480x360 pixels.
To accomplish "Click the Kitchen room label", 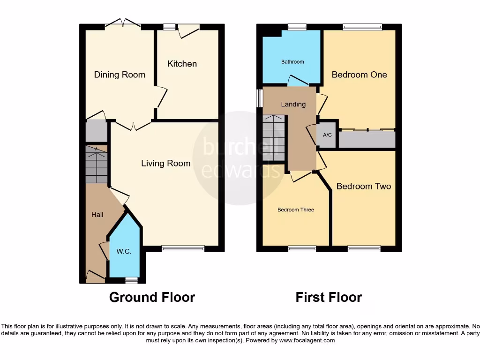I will click(x=182, y=64).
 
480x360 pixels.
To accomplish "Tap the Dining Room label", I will click(x=120, y=75).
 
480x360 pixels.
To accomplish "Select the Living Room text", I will click(x=166, y=163).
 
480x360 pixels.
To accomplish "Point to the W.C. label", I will click(x=124, y=252).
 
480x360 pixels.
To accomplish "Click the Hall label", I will click(x=97, y=215).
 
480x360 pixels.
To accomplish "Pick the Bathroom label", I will click(x=292, y=62).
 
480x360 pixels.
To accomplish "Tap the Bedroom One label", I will click(x=359, y=75).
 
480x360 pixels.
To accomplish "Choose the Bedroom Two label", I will click(x=363, y=186).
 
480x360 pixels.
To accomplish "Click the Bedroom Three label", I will click(x=296, y=210).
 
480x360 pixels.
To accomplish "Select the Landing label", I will click(x=293, y=104).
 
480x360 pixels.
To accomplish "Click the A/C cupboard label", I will click(x=327, y=135).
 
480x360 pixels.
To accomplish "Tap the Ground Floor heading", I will click(x=152, y=297).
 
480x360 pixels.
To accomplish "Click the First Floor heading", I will click(x=329, y=297).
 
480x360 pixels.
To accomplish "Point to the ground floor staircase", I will click(x=97, y=164).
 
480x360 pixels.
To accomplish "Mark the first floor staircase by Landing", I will click(x=274, y=138).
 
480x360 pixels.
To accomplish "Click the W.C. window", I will click(x=131, y=280).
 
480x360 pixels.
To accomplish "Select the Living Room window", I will click(x=183, y=249).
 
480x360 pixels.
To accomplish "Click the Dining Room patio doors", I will click(x=123, y=24).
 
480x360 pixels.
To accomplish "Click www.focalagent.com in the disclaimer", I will click(x=307, y=340).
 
